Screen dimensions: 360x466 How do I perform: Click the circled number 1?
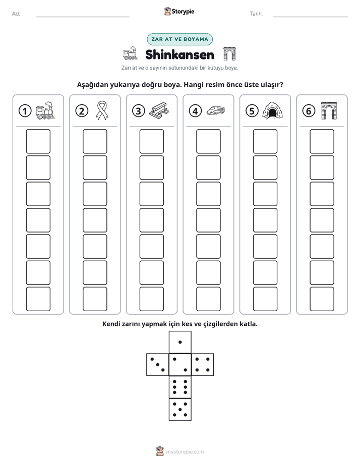25,111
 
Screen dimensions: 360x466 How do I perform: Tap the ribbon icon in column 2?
102,110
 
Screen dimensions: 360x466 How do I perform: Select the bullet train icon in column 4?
216,110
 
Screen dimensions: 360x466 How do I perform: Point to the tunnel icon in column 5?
272,110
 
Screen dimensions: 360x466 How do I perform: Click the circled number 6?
309,111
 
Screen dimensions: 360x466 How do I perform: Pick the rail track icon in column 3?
159,110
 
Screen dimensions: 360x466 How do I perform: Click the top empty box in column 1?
38,141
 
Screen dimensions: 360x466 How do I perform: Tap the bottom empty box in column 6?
322,299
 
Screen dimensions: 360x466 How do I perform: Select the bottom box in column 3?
151,299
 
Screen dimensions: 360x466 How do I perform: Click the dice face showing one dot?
180,342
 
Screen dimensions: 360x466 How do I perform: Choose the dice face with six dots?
180,387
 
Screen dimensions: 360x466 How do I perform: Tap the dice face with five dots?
180,409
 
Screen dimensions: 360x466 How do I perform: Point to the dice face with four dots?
203,365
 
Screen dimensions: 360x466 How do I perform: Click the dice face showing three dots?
158,365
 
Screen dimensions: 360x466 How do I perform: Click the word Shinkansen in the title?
179,54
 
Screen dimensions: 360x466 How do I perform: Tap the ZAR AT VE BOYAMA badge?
179,39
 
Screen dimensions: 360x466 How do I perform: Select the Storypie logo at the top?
179,11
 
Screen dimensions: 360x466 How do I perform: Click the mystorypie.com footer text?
185,452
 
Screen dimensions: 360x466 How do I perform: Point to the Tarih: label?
256,14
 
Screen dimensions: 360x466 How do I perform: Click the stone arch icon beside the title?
229,53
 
